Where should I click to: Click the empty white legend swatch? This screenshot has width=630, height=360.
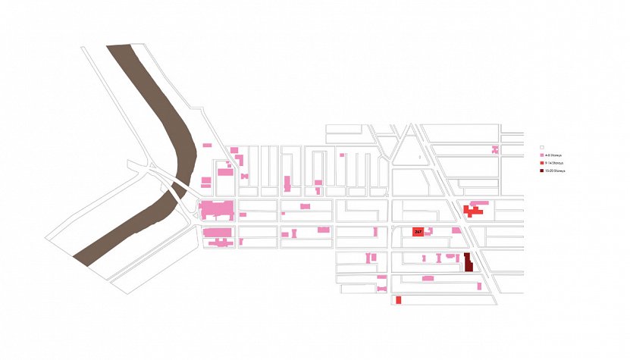[x=541, y=147]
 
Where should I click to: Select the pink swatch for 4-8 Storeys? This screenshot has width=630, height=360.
[x=541, y=155]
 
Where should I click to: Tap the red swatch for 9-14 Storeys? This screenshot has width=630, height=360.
[x=541, y=163]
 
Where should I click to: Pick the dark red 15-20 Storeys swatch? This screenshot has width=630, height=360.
[x=541, y=171]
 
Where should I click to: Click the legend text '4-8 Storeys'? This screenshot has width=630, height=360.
[x=554, y=155]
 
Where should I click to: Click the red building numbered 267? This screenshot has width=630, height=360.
[x=418, y=231]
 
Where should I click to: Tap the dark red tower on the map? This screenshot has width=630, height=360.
[x=468, y=262]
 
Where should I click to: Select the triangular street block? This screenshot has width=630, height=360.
[x=409, y=148]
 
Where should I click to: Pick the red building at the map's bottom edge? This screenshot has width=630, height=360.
[x=398, y=300]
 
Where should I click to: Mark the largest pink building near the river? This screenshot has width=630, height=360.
[x=217, y=210]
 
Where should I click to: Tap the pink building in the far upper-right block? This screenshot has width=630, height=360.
[x=495, y=149]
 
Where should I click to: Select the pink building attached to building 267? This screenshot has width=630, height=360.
[x=428, y=230]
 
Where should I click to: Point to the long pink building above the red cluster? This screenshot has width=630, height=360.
[x=479, y=203]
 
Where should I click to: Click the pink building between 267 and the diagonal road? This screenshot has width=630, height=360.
[x=456, y=230]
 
